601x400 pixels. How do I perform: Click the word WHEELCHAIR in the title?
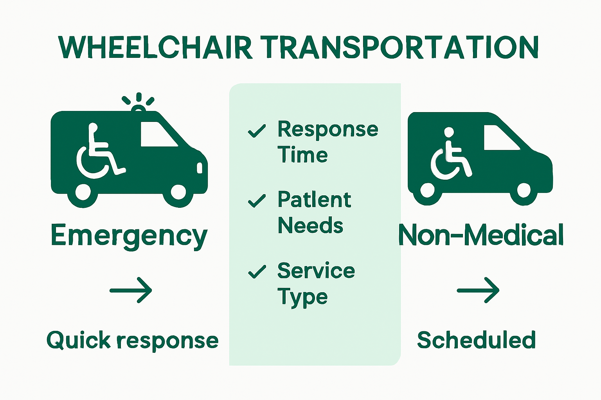pyautogui.click(x=155, y=48)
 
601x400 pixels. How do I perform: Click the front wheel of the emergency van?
pyautogui.click(x=178, y=193)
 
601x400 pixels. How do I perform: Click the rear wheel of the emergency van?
pyautogui.click(x=83, y=193)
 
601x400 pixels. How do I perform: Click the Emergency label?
pyautogui.click(x=129, y=236)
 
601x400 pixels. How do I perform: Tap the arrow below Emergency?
pyautogui.click(x=131, y=290)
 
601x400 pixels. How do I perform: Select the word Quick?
pyautogui.click(x=79, y=341)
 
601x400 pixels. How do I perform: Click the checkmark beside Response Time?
pyautogui.click(x=257, y=131)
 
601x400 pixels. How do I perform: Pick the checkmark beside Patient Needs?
pyautogui.click(x=257, y=201)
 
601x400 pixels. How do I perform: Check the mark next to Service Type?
pyautogui.click(x=257, y=271)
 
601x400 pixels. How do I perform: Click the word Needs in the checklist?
pyautogui.click(x=310, y=226)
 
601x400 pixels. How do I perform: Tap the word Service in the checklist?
pyautogui.click(x=316, y=271)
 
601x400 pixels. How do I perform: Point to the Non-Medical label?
pyautogui.click(x=481, y=236)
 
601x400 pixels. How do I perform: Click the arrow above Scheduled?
pyautogui.click(x=478, y=290)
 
